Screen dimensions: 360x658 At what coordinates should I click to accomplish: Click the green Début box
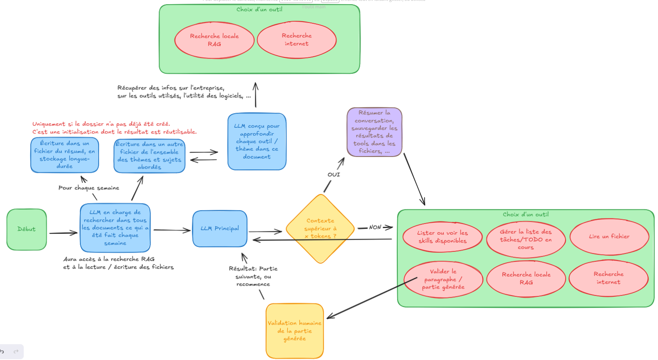tap(27, 229)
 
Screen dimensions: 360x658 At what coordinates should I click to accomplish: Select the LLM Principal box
tap(219, 228)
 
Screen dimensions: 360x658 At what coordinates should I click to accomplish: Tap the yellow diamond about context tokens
tap(320, 228)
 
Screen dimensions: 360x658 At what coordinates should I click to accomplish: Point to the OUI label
tap(334, 175)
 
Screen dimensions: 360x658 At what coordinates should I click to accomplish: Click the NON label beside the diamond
tap(375, 227)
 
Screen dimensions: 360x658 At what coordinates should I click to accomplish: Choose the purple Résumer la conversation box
tap(374, 132)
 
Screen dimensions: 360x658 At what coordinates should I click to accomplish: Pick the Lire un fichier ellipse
tap(609, 236)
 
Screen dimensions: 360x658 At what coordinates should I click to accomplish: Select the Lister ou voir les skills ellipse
tap(442, 237)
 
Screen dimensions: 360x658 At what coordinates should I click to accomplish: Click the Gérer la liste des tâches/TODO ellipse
tap(526, 239)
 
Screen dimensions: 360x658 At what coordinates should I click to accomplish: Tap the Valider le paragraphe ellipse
tap(443, 279)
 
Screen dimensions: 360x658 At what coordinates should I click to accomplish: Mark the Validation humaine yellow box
tap(294, 331)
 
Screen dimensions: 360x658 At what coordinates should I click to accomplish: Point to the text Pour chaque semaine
tap(89, 188)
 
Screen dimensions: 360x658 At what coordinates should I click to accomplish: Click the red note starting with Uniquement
tap(114, 128)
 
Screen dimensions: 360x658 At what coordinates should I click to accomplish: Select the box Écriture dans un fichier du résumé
tap(65, 155)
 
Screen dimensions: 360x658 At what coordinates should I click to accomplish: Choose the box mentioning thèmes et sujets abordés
tap(149, 156)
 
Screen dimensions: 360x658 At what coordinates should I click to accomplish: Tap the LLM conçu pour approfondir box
tap(257, 142)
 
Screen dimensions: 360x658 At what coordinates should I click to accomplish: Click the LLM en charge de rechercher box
tap(115, 228)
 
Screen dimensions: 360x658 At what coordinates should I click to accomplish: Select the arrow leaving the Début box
tap(63, 233)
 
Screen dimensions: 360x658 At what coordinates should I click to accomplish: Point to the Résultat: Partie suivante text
tap(253, 276)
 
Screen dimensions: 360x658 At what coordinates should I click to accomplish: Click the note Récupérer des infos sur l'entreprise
tap(184, 92)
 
